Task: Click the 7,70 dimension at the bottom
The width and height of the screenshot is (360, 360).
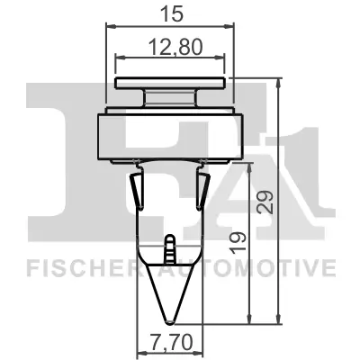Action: pyautogui.click(x=170, y=342)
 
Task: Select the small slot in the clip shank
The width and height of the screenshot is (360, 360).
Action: pyautogui.click(x=169, y=246)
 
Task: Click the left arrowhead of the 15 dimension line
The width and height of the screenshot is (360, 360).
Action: pyautogui.click(x=110, y=27)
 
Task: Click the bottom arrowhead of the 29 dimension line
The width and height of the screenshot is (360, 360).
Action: pyautogui.click(x=282, y=320)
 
